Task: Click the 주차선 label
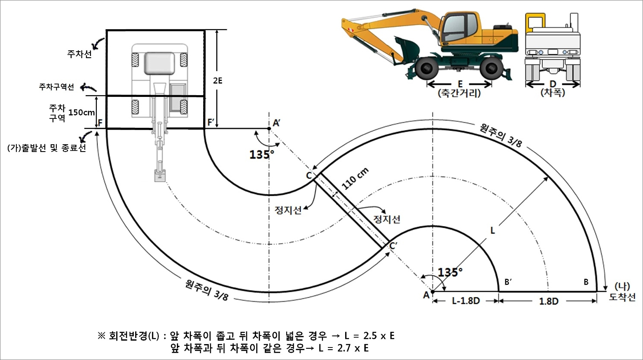click(79, 54)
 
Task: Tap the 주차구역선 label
click(56, 87)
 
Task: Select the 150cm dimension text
click(82, 112)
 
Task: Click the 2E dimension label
click(218, 81)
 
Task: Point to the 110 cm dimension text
click(355, 179)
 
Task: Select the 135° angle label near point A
click(450, 272)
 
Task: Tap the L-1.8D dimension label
click(465, 301)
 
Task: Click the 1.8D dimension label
click(548, 301)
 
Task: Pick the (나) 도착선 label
click(622, 292)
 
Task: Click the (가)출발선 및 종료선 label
click(46, 148)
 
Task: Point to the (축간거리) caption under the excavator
click(459, 93)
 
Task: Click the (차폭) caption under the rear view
click(553, 93)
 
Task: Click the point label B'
click(508, 282)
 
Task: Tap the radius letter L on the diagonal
click(493, 230)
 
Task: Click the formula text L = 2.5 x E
click(369, 335)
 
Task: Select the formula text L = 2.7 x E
click(343, 348)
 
